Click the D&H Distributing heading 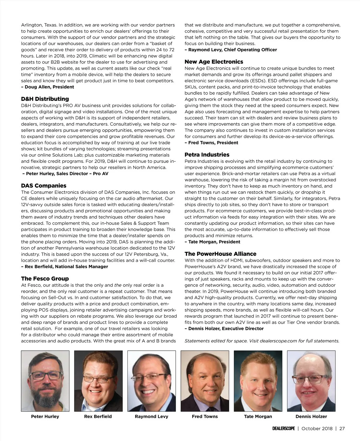[x=45, y=99]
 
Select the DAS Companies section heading [x=44, y=186]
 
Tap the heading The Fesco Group [x=45, y=279]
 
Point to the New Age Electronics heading [x=214, y=62]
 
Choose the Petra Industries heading [x=207, y=155]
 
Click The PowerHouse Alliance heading [x=220, y=254]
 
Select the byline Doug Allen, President [x=48, y=87]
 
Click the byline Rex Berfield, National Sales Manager [x=64, y=266]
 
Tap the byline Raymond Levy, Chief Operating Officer [x=231, y=50]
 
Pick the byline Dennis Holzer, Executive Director [x=224, y=328]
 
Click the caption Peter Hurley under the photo [x=45, y=416]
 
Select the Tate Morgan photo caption [x=258, y=416]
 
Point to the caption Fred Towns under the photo [x=205, y=416]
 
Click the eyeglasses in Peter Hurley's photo [x=46, y=376]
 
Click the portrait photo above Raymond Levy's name [x=151, y=381]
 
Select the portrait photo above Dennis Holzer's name [x=311, y=381]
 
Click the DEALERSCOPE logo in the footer [x=283, y=428]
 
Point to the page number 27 [x=342, y=428]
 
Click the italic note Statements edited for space [x=262, y=341]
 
